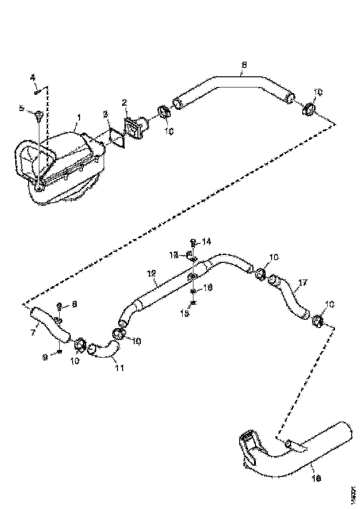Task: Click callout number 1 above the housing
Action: [79, 118]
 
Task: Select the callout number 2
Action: [124, 102]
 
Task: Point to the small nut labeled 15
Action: [193, 304]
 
